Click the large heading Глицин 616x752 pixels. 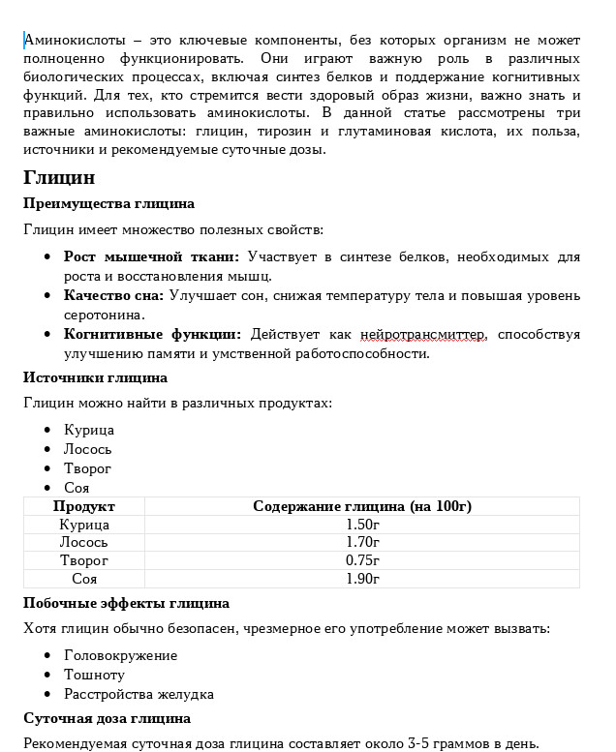(59, 178)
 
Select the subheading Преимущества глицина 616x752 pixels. (108, 203)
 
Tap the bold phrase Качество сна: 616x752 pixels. (114, 295)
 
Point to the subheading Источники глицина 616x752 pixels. (95, 377)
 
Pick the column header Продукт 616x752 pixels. (84, 506)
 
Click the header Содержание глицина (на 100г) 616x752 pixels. (362, 506)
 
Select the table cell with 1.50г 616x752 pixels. (362, 525)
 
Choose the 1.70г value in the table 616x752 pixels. (362, 543)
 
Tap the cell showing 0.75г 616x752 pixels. (362, 560)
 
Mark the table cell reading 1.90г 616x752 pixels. (362, 579)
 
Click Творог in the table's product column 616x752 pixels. (84, 560)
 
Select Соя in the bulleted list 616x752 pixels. (77, 488)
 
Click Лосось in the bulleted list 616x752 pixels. (88, 449)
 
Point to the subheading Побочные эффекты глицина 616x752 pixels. (126, 603)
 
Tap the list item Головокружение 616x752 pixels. (120, 655)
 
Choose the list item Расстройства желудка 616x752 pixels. (139, 694)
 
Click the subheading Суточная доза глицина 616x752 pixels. (107, 718)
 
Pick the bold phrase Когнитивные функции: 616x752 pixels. (152, 334)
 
